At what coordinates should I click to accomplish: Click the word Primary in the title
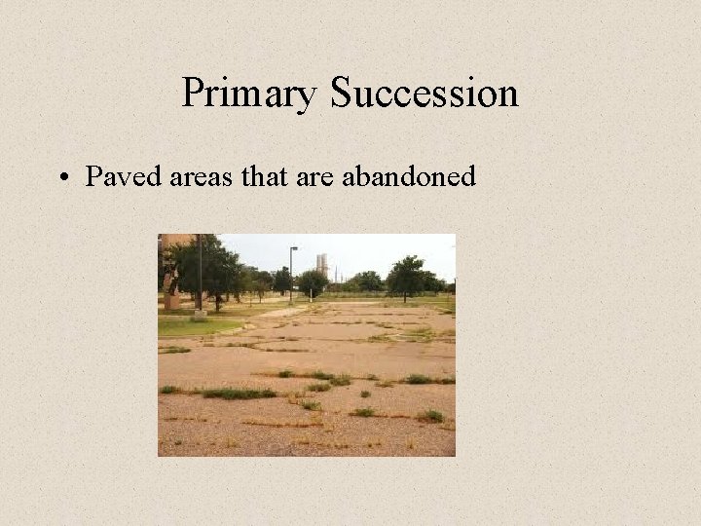(250, 94)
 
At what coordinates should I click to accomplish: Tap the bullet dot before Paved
(63, 178)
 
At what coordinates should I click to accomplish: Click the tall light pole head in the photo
(293, 248)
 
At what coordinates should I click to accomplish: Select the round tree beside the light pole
(312, 282)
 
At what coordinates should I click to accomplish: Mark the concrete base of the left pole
(199, 315)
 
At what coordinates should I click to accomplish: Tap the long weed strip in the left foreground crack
(234, 394)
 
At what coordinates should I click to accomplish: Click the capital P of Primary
(192, 94)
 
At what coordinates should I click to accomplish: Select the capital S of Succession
(341, 94)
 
